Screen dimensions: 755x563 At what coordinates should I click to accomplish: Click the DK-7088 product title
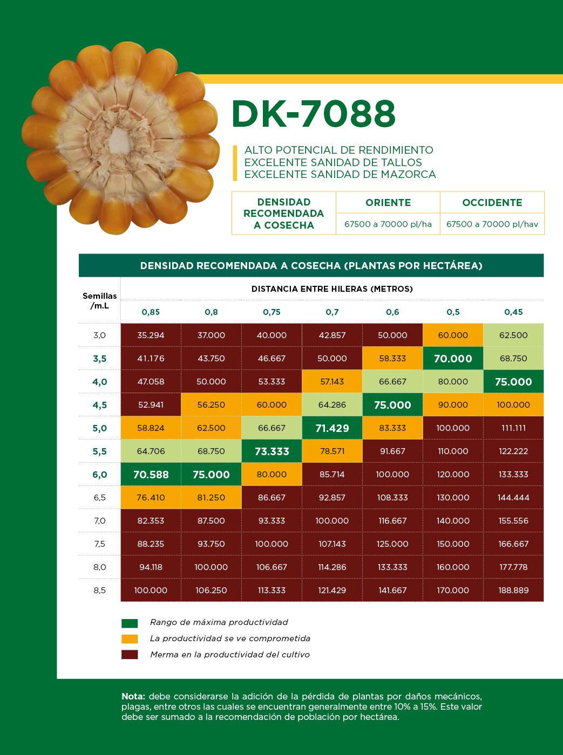(x=314, y=114)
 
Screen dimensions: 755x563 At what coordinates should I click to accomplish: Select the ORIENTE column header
(x=388, y=203)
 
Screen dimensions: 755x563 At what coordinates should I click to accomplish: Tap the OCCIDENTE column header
(x=492, y=203)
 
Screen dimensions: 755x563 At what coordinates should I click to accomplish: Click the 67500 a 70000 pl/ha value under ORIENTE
(x=388, y=224)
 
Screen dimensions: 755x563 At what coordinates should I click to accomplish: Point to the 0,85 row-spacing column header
(x=151, y=312)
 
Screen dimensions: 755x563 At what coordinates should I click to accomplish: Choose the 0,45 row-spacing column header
(x=513, y=312)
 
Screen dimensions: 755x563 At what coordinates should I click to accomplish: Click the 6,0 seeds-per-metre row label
(x=100, y=475)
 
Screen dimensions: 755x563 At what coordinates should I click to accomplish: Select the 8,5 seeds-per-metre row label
(x=100, y=591)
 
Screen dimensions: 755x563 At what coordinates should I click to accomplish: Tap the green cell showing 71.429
(x=332, y=428)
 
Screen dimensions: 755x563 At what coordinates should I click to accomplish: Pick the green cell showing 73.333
(x=272, y=451)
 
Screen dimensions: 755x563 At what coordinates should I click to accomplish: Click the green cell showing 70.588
(x=151, y=475)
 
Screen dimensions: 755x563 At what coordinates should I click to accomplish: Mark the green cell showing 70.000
(x=453, y=359)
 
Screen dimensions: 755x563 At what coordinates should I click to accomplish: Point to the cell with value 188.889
(x=513, y=591)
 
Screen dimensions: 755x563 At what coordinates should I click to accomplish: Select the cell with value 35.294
(x=151, y=335)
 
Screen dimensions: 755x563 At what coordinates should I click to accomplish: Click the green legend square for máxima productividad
(x=130, y=623)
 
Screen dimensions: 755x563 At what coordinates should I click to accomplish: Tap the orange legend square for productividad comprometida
(x=130, y=639)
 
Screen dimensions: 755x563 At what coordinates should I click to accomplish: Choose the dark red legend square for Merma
(x=130, y=655)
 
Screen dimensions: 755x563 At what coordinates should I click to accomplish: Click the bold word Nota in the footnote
(x=133, y=697)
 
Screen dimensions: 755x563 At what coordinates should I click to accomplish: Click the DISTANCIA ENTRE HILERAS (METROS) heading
(x=332, y=289)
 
